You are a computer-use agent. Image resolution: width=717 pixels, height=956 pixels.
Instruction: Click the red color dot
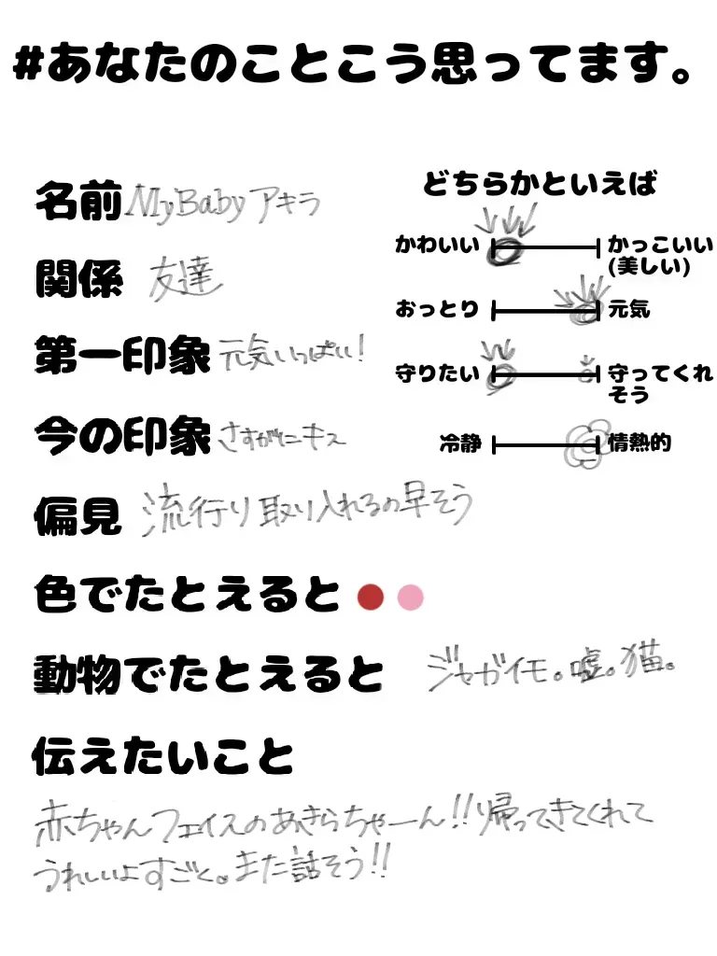372,597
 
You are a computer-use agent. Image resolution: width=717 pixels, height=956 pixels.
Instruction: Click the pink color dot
410,597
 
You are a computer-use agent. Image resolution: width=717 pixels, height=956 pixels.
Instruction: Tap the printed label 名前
77,202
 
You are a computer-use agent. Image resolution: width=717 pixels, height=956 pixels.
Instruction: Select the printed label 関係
77,279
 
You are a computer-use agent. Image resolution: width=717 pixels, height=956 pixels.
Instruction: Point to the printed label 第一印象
121,356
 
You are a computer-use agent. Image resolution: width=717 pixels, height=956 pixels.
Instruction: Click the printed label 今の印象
121,435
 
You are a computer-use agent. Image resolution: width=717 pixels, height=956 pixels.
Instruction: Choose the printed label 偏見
77,514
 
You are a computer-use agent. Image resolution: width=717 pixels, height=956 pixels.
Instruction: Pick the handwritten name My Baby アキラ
223,202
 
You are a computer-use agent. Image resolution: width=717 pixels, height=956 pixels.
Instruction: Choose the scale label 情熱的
639,443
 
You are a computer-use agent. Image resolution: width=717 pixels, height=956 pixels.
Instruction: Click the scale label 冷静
460,443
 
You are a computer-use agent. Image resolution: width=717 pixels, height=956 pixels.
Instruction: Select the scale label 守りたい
437,374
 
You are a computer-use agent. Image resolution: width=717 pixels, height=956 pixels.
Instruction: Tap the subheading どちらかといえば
540,185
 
